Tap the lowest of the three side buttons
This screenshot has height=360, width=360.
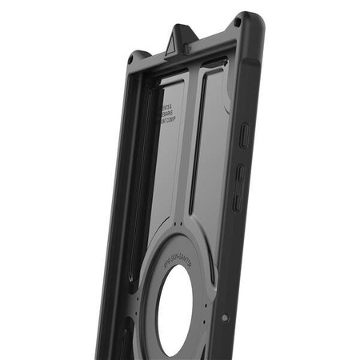pyautogui.click(x=237, y=202)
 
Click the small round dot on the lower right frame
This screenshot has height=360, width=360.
pyautogui.click(x=225, y=318)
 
